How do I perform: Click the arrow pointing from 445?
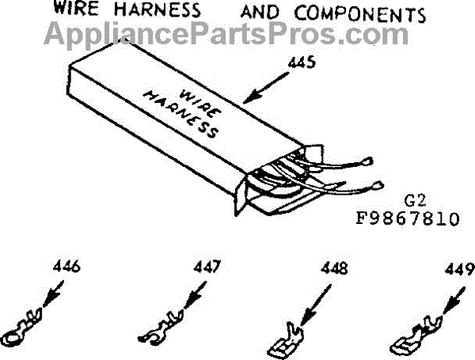coord(269,88)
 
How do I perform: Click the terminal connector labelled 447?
coord(163,324)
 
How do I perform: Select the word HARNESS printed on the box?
coord(181,116)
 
